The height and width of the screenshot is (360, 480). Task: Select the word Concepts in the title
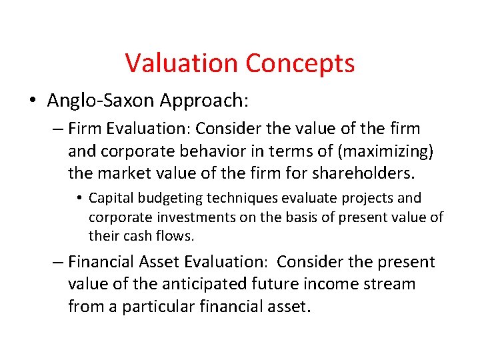[x=300, y=63]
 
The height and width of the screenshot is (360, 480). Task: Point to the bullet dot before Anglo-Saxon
[x=32, y=101]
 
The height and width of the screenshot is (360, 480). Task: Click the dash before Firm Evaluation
[x=58, y=129]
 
